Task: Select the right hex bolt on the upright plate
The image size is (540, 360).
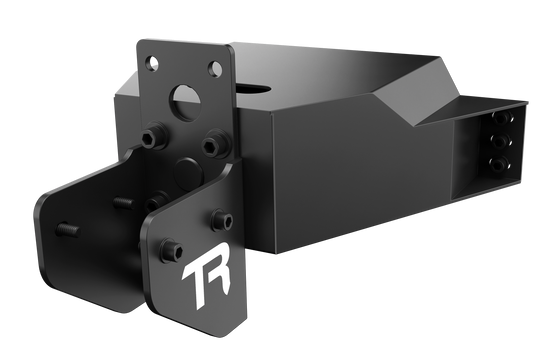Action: point(211,145)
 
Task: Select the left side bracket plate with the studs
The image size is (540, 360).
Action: point(85,240)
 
